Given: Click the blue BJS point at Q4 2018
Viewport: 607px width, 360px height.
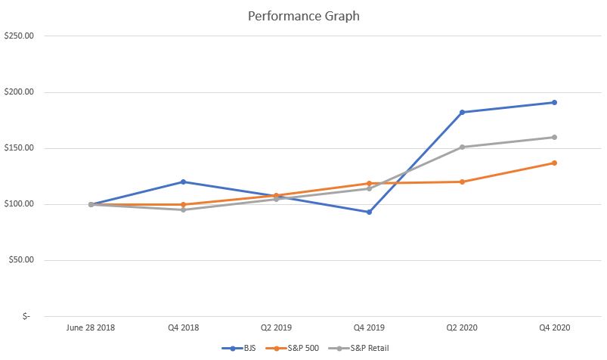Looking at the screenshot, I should pos(184,182).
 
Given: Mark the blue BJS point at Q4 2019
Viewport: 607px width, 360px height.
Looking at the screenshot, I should pos(369,212).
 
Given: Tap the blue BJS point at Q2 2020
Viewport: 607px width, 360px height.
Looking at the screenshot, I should pos(462,112).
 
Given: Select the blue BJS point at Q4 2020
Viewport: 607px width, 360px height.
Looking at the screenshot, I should pos(554,102).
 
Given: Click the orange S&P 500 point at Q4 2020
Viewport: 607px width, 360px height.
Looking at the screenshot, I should pos(554,163).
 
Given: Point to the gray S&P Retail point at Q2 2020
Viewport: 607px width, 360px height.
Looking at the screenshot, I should pos(462,147).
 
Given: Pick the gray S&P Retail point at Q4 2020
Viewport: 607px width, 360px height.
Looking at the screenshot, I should pos(554,137).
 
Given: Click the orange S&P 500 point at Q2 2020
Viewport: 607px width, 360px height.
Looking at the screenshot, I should pos(462,182).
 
